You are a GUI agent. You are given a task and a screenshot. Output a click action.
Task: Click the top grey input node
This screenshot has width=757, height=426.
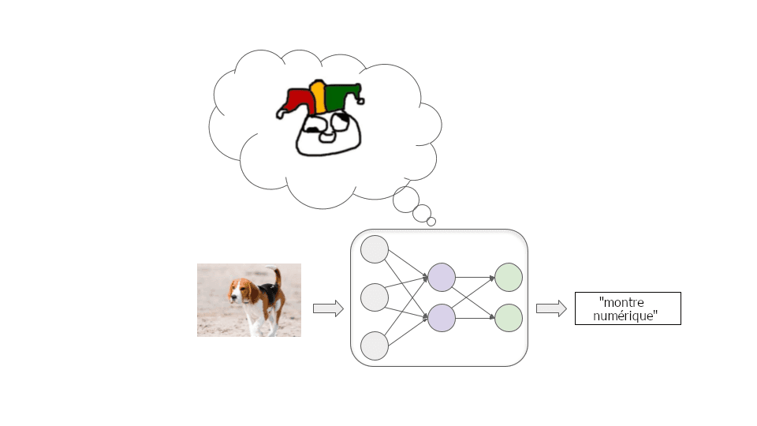[x=375, y=249]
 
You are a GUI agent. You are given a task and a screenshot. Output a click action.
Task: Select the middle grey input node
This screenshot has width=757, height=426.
[x=375, y=297]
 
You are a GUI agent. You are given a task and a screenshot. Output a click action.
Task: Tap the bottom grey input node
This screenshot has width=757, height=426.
[x=375, y=346]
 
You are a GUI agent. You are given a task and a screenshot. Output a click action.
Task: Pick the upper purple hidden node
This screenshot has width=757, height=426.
[x=442, y=277]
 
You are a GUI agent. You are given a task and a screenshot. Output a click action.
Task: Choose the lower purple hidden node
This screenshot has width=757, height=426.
[x=442, y=317]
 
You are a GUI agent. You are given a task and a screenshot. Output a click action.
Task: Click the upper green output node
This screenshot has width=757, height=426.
[x=509, y=277]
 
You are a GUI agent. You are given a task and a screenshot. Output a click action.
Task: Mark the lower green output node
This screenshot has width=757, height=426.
[x=509, y=317]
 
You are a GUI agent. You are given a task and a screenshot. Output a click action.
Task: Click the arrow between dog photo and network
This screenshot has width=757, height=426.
[x=328, y=308]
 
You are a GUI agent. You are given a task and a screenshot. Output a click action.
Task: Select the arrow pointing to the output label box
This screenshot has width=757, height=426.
[x=551, y=308]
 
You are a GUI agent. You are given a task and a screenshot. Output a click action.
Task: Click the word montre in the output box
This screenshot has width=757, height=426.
[x=622, y=302]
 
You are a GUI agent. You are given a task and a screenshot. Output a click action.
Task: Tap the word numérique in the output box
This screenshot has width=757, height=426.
[x=625, y=315]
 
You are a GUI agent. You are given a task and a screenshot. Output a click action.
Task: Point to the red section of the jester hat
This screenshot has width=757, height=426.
[x=298, y=99]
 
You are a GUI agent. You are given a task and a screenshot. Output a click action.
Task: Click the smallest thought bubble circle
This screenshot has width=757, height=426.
[x=431, y=222]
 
